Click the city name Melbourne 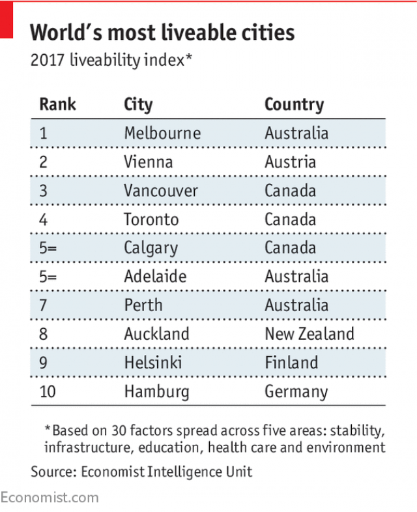[x=162, y=133]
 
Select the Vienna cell [x=148, y=162]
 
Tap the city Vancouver [x=160, y=190]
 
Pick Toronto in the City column [x=152, y=219]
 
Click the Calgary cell [x=151, y=248]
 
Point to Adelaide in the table [x=155, y=277]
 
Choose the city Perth [x=143, y=305]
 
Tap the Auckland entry [x=156, y=334]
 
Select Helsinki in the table [x=153, y=363]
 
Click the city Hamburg [x=156, y=391]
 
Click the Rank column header [x=57, y=104]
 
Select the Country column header [x=294, y=104]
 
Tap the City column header [x=138, y=104]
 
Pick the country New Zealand [x=309, y=334]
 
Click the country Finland [x=291, y=363]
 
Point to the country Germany [x=296, y=391]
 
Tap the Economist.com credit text [x=50, y=498]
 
